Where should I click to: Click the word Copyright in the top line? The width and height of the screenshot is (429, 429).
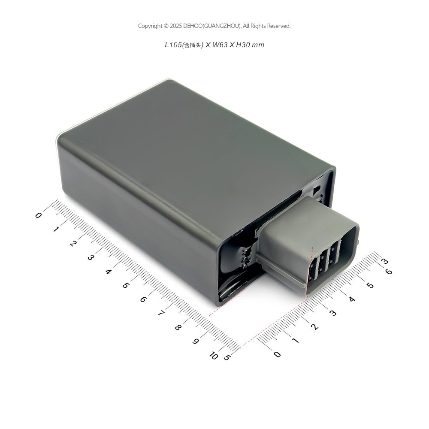(150, 26)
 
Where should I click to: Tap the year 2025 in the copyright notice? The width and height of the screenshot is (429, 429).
(176, 26)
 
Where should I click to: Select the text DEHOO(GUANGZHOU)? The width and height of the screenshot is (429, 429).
(212, 26)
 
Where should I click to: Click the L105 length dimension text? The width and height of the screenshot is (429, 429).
(173, 45)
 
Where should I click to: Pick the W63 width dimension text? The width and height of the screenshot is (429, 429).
(220, 45)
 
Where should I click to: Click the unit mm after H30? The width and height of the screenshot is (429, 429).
(258, 45)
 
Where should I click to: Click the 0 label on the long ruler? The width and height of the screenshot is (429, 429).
(38, 215)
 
